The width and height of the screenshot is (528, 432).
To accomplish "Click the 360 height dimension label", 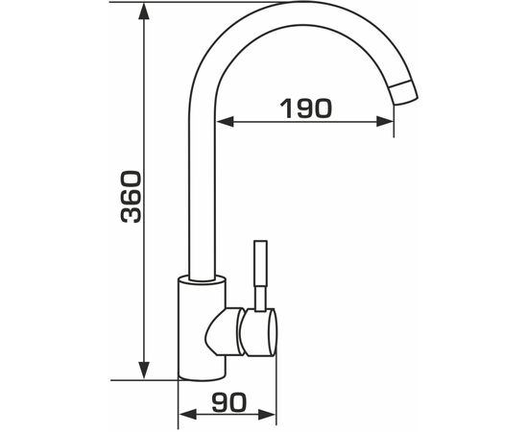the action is click(x=131, y=197).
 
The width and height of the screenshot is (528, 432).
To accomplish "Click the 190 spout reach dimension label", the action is click(x=305, y=108).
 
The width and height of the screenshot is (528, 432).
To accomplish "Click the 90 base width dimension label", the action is click(x=229, y=402).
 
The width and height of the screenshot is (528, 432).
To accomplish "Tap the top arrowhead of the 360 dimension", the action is click(x=144, y=12).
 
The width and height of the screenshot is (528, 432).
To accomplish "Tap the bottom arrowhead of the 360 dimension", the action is click(x=144, y=371).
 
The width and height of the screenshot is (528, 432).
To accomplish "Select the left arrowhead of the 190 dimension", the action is click(x=225, y=122).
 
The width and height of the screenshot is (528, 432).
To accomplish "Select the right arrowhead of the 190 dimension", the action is click(x=385, y=122).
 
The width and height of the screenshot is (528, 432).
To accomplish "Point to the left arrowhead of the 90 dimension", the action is click(x=187, y=415).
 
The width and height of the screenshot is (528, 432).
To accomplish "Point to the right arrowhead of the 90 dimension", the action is click(x=267, y=415).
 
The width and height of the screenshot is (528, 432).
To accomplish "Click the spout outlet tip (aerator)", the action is click(x=404, y=92).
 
